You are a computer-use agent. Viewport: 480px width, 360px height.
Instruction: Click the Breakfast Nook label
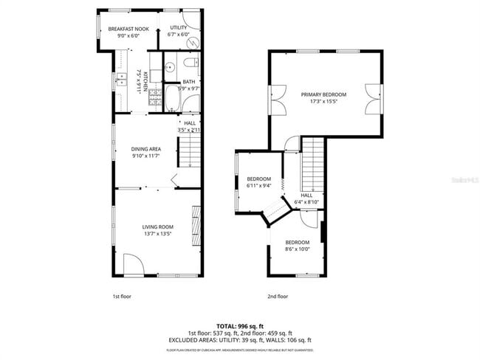128,29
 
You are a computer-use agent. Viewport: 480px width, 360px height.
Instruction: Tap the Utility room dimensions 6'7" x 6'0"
179,34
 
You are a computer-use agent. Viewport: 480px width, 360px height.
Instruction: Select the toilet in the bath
190,63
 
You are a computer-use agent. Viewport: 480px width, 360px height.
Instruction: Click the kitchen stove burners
154,95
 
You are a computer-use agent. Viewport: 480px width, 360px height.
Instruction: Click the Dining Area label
146,148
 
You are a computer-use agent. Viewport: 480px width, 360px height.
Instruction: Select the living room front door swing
133,264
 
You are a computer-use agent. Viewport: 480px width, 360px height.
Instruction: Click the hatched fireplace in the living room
196,221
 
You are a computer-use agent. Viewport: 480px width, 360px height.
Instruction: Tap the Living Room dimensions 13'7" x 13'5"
157,234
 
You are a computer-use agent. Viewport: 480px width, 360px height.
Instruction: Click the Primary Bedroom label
323,94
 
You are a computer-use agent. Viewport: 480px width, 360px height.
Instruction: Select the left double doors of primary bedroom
278,99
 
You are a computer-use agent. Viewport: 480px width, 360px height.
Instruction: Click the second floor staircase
314,162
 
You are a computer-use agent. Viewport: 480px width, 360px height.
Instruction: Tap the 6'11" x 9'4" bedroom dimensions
258,186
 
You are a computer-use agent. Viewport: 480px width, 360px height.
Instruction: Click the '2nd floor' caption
278,296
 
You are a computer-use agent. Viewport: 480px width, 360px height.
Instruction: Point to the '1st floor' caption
121,296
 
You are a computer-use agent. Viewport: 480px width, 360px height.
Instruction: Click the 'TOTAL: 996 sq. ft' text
239,325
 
